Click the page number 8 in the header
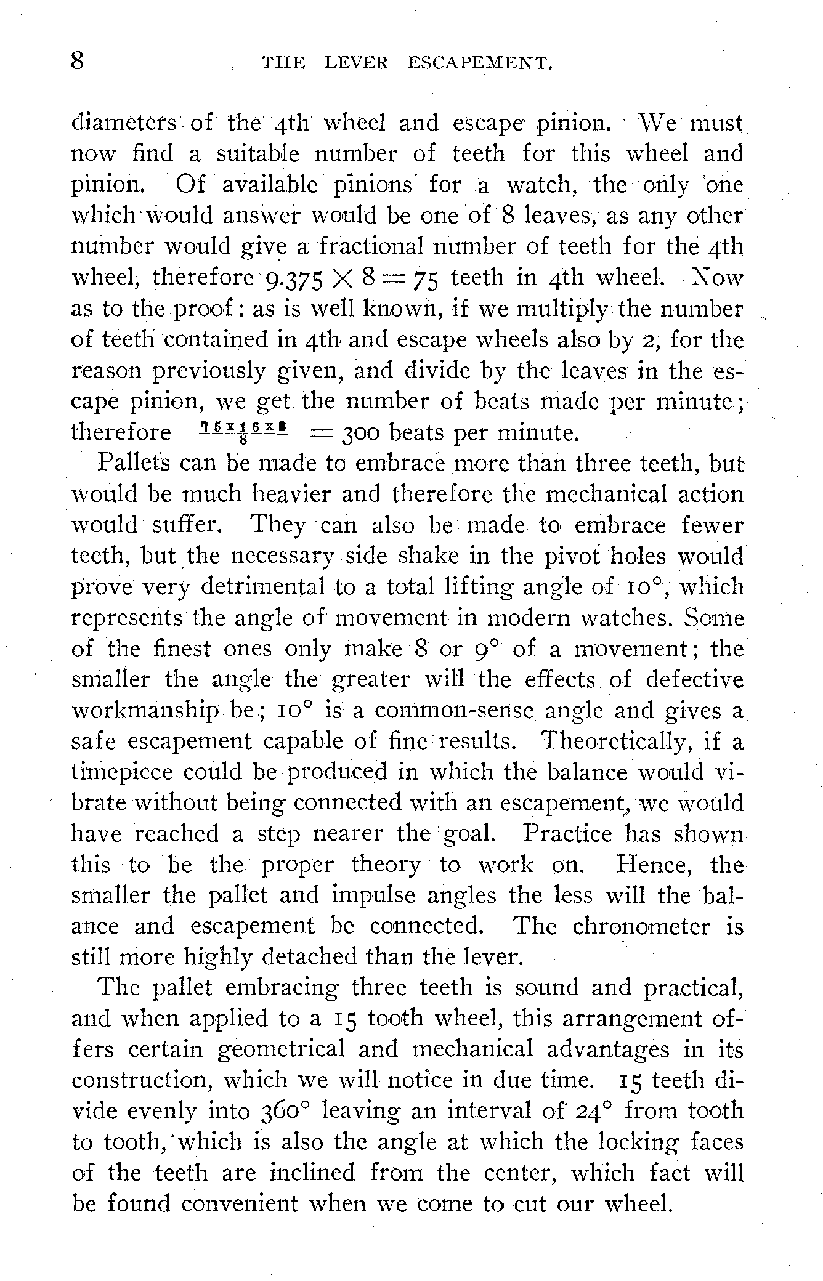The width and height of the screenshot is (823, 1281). point(78,62)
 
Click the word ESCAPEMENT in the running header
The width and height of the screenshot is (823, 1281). point(479,63)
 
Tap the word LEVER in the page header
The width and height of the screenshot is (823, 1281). point(356,63)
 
